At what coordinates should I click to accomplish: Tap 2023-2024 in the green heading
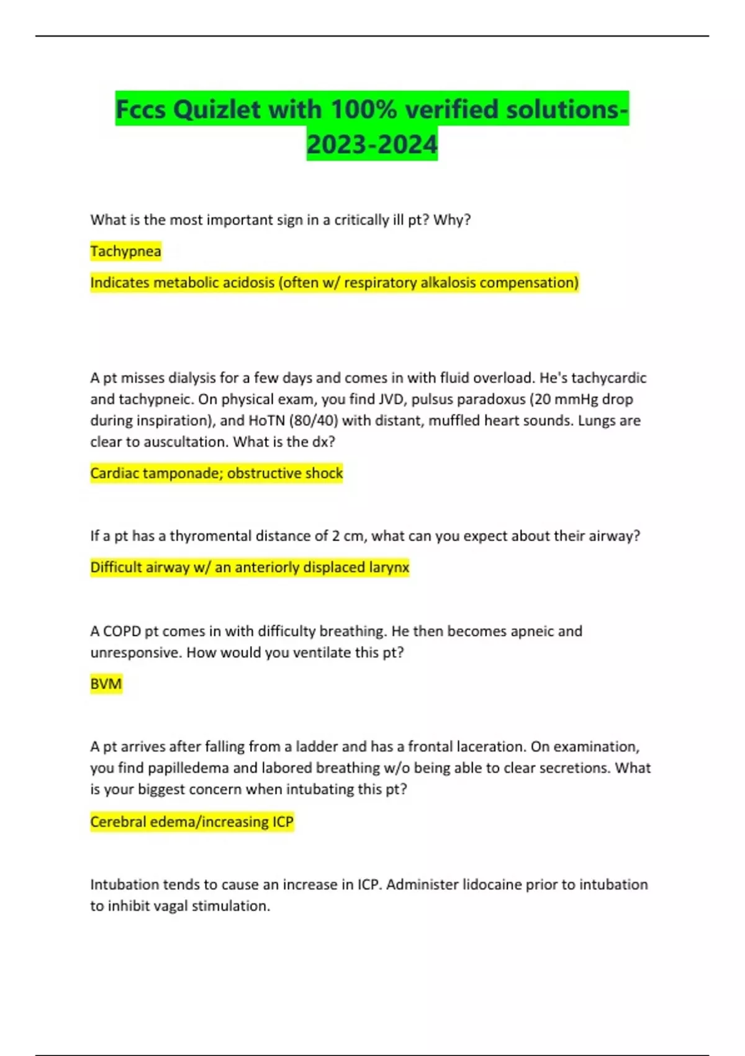coord(372,144)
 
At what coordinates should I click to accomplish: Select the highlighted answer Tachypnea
coord(125,251)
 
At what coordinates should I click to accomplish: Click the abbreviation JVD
coord(392,399)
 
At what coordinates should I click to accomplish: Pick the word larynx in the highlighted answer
coord(389,567)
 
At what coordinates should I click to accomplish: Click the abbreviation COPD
coord(122,631)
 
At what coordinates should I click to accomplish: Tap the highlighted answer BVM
coord(106,684)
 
